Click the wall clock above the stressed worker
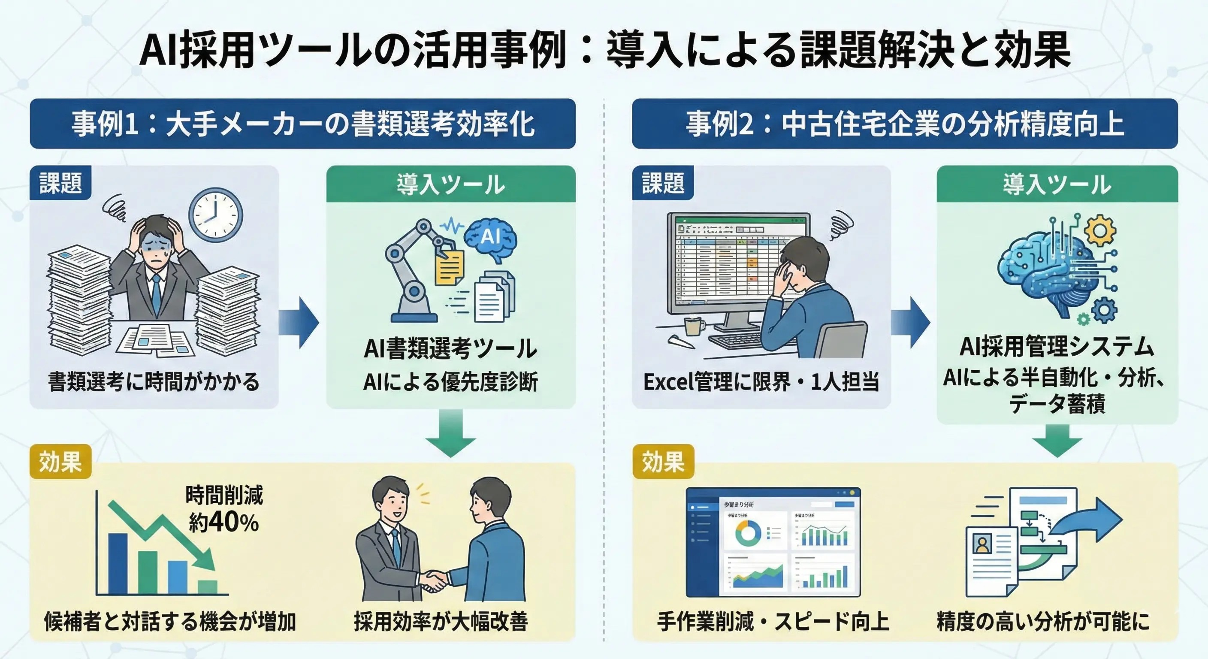216,215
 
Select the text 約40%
223,522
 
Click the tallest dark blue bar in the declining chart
118,563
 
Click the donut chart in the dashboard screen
748,533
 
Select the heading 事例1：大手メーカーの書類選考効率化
302,124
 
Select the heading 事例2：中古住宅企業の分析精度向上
905,124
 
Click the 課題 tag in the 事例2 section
663,183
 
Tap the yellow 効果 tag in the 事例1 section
60,462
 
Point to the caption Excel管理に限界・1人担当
761,382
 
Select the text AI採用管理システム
1057,347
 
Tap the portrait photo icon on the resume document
982,544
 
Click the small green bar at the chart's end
207,587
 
